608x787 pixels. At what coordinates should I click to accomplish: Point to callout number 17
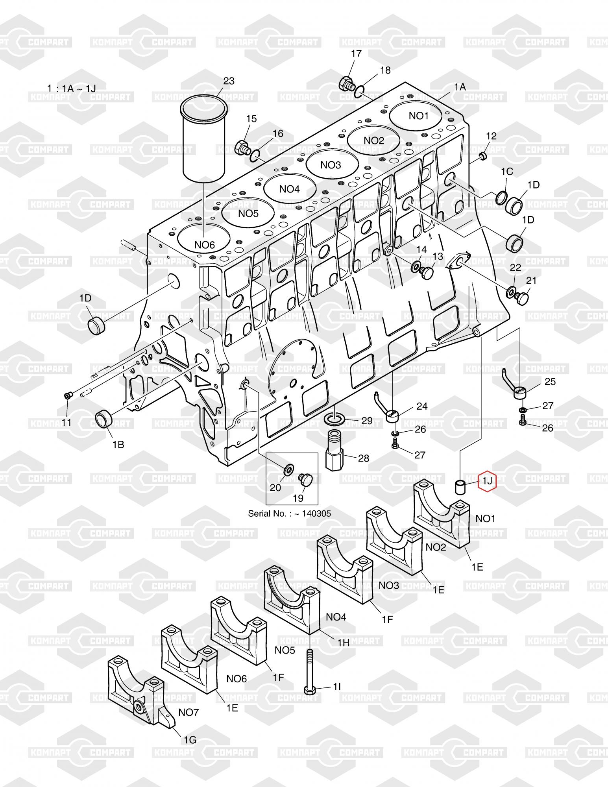click(356, 54)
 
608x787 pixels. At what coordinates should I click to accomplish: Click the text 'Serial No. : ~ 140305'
click(289, 514)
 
